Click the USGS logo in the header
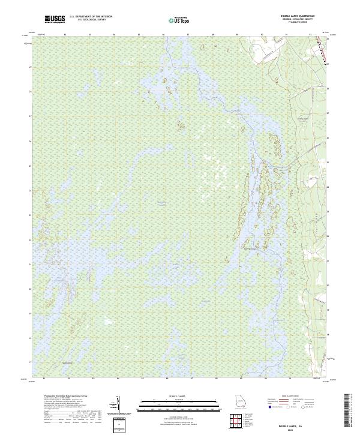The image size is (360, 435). tap(55, 20)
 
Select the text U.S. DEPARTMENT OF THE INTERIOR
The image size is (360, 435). tap(91, 17)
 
